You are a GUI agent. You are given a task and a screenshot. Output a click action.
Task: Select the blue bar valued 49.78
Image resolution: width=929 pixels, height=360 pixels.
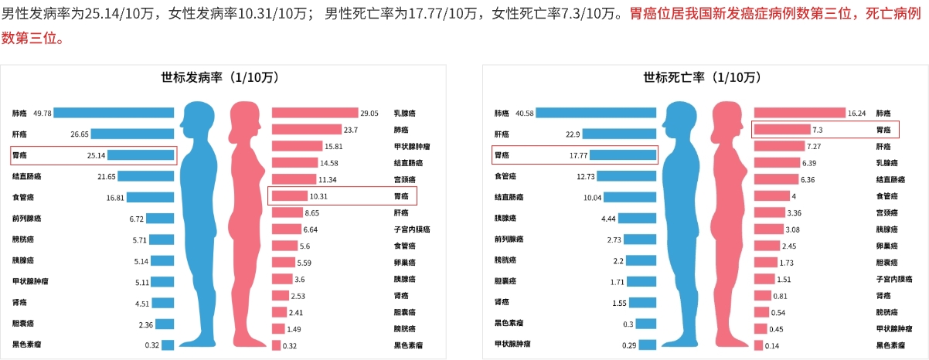(114, 113)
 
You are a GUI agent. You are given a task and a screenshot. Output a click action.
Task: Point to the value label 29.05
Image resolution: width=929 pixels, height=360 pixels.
(369, 113)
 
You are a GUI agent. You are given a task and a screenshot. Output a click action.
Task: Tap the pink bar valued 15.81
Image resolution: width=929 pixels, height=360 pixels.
(297, 146)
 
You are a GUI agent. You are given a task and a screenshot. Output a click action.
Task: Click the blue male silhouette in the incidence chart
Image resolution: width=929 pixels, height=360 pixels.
(199, 224)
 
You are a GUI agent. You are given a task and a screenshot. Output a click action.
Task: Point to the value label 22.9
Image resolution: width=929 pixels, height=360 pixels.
(573, 134)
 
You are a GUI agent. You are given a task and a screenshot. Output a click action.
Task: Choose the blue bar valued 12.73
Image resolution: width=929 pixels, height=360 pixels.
(627, 176)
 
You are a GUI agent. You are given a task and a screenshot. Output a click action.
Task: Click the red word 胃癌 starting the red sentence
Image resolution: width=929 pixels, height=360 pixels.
(644, 13)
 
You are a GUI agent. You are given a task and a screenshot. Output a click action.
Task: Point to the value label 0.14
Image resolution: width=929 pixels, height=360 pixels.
(771, 345)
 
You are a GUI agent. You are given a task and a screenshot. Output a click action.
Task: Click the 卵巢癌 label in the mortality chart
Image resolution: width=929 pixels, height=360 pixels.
(886, 246)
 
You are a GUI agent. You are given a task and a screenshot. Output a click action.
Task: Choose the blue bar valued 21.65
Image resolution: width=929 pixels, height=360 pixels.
(146, 176)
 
